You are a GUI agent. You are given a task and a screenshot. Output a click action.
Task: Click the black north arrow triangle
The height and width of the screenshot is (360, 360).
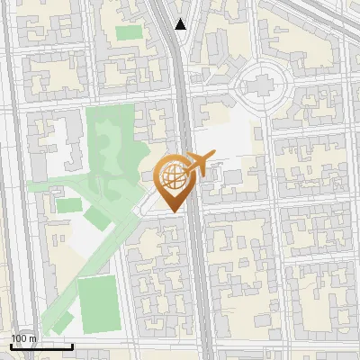click(x=181, y=24)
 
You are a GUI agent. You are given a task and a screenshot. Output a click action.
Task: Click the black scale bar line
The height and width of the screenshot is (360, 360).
click(x=41, y=346)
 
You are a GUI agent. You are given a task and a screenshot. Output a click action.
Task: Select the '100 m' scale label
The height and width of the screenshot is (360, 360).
click(x=23, y=338)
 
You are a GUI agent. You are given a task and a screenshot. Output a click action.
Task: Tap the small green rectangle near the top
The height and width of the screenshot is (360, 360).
click(x=129, y=32)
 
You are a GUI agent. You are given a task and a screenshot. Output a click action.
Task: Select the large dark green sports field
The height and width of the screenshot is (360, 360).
click(x=98, y=304)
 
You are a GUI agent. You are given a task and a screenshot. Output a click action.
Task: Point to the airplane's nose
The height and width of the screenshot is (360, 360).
click(x=213, y=154)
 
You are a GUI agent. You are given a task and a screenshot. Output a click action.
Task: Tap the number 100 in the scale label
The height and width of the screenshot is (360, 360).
click(x=19, y=338)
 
